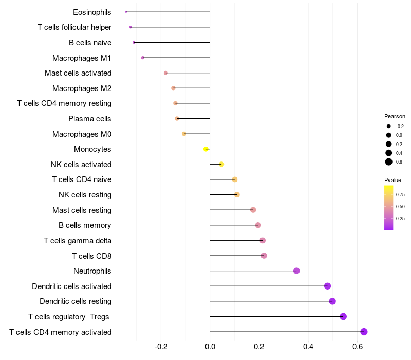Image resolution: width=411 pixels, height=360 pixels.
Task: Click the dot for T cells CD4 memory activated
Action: tap(364, 332)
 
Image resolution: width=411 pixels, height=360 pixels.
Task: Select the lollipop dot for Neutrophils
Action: tap(296, 271)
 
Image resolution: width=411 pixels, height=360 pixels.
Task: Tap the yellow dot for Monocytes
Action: tap(206, 149)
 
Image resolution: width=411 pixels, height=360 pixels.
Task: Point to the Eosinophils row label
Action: tap(92, 12)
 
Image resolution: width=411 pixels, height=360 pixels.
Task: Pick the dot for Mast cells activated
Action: tap(165, 73)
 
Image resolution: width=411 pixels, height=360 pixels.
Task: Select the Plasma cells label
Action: tap(90, 119)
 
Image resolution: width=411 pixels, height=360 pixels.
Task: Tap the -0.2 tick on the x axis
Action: tap(161, 347)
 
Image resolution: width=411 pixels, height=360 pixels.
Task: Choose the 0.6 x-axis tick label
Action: tap(358, 347)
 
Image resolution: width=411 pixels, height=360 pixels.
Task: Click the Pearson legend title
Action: tap(395, 116)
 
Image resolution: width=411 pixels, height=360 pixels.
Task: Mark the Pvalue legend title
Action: tap(393, 180)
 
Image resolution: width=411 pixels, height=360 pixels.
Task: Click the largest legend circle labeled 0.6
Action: tap(389, 162)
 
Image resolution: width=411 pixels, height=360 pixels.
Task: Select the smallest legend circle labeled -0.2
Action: tap(389, 126)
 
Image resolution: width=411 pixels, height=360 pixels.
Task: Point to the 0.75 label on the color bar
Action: tap(400, 195)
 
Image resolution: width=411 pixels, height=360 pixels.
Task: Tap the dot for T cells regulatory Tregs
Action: tap(343, 317)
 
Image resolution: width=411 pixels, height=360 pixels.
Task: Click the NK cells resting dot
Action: tap(237, 195)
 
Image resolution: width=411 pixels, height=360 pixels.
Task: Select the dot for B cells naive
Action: tap(134, 43)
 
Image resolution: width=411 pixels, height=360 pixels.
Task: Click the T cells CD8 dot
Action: tap(264, 256)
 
